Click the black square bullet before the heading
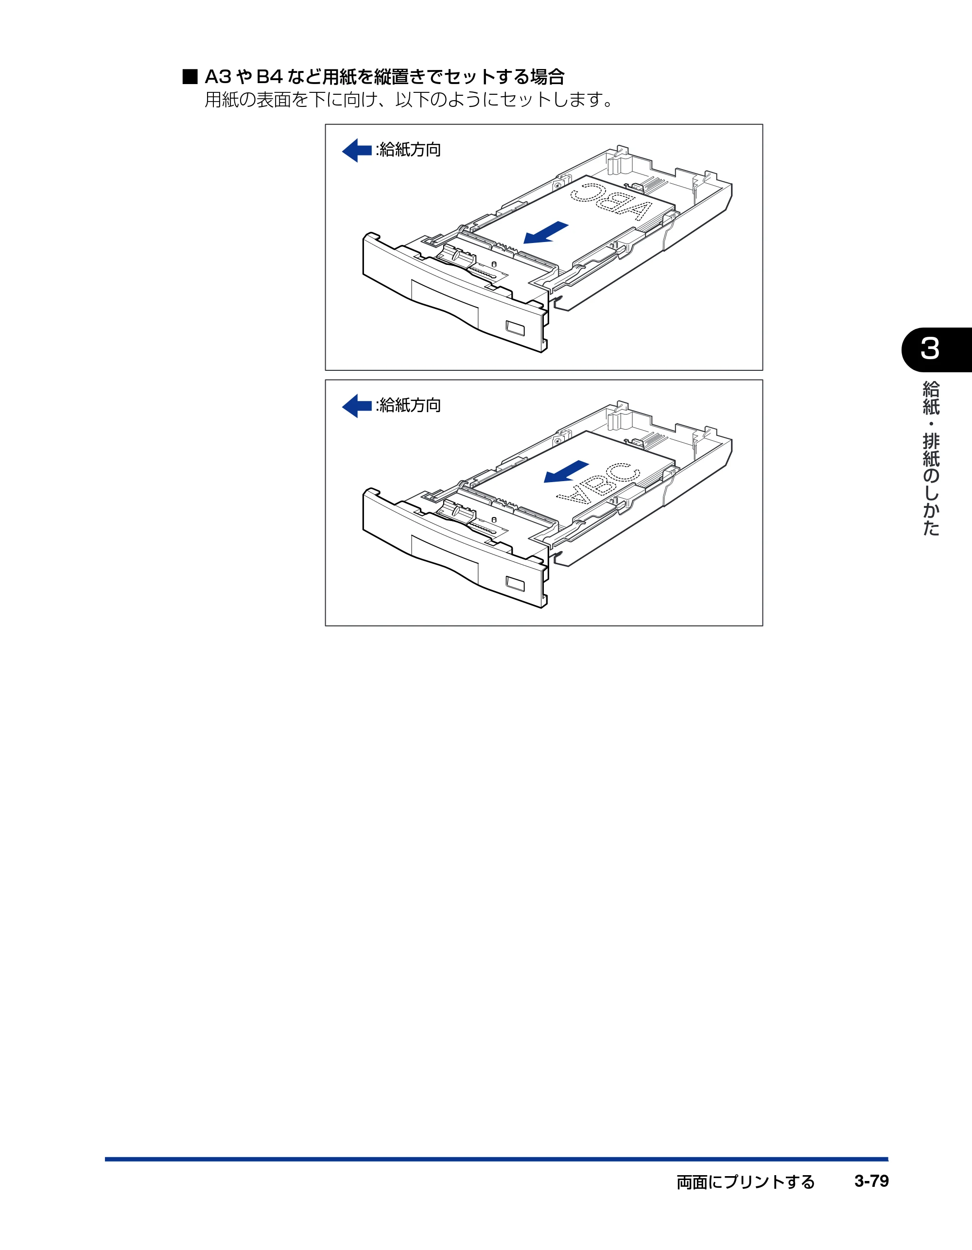[x=190, y=77]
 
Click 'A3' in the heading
[x=218, y=77]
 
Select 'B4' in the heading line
[x=269, y=77]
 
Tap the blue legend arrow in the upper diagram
[x=357, y=151]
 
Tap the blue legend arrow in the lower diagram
[x=357, y=406]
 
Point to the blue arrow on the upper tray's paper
[x=545, y=232]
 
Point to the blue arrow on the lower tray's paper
[x=566, y=471]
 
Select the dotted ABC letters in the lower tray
[x=598, y=484]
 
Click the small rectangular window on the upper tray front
[x=515, y=329]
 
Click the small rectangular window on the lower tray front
[x=515, y=584]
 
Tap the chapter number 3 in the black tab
[x=930, y=349]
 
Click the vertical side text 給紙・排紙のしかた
[x=931, y=458]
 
